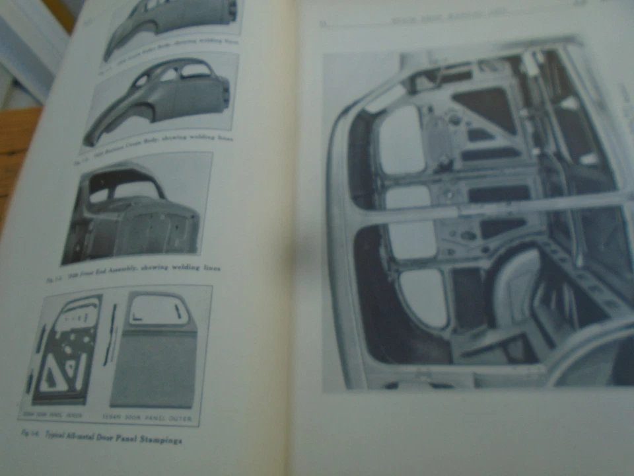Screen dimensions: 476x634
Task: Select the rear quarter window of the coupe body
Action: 195,70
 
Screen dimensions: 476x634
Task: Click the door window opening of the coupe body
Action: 168,74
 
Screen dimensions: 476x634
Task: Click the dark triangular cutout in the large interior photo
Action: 485,106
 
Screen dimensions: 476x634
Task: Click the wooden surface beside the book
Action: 17,152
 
